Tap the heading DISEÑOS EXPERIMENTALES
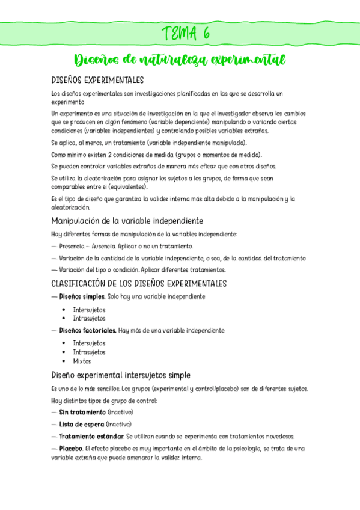97,80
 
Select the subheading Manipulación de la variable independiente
127,220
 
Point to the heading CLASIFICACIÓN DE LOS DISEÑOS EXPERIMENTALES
138,283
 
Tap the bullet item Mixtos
82,361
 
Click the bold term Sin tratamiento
82,412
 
